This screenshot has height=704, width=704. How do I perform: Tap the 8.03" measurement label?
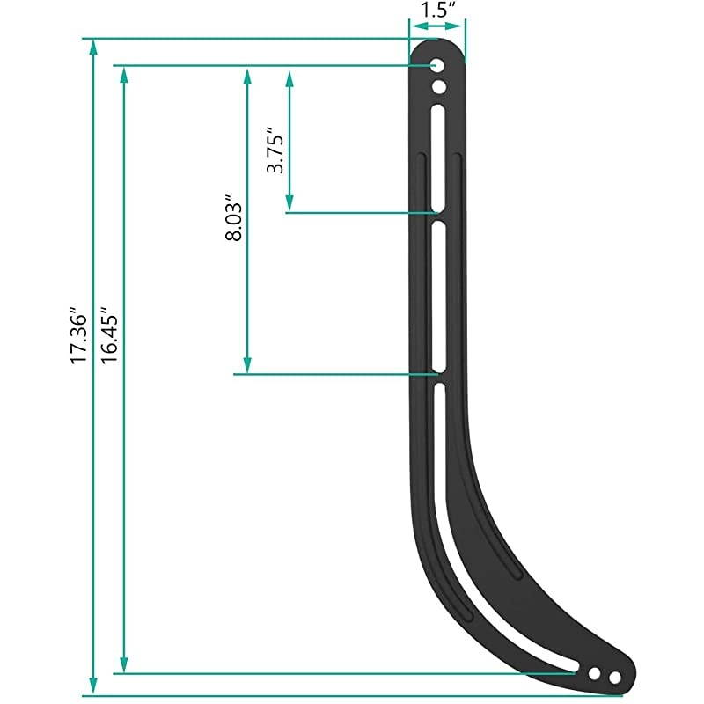pyautogui.click(x=234, y=218)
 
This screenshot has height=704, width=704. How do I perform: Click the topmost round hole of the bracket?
pyautogui.click(x=437, y=66)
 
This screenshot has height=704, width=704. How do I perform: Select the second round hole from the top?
pyautogui.click(x=437, y=86)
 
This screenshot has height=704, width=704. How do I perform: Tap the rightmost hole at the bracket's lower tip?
pyautogui.click(x=615, y=676)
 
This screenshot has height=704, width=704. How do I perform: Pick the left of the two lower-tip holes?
pyautogui.click(x=595, y=673)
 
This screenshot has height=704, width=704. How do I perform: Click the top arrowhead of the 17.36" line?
pyautogui.click(x=93, y=46)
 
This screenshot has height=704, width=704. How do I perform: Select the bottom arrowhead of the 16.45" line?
pyautogui.click(x=125, y=666)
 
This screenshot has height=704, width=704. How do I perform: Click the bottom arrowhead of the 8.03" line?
pyautogui.click(x=248, y=366)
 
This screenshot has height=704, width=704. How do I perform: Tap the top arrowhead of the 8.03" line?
pyautogui.click(x=248, y=74)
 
